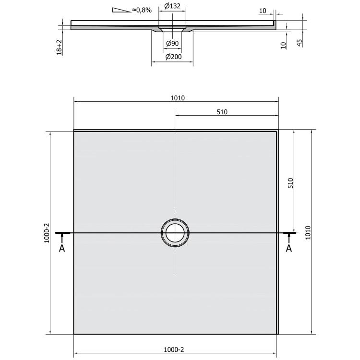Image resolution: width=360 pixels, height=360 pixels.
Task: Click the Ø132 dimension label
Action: click(x=172, y=6)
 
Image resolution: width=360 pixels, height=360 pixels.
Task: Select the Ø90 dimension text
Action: click(x=172, y=43)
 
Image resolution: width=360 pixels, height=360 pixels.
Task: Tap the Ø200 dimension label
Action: click(x=173, y=57)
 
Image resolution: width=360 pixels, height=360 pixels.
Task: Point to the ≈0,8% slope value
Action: click(x=142, y=10)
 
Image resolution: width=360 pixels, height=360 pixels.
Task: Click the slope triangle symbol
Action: click(x=121, y=10)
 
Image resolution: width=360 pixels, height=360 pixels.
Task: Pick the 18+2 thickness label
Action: click(x=59, y=48)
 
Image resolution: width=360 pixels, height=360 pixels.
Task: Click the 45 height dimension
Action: click(x=300, y=43)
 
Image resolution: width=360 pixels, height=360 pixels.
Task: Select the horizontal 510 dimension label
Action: click(x=222, y=112)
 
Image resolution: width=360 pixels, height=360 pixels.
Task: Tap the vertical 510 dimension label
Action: click(x=290, y=183)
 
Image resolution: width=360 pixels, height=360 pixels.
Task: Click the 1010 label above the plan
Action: click(x=178, y=98)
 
